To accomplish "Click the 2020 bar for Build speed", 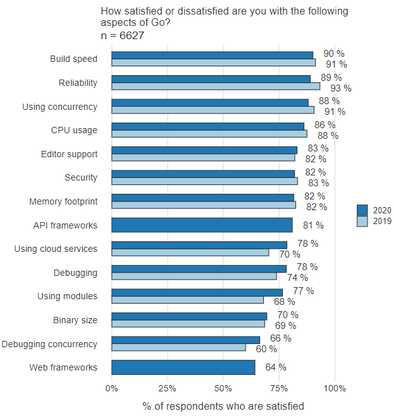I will tap(212, 55).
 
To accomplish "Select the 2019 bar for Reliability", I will tap(215, 86).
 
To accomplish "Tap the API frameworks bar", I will tap(202, 225).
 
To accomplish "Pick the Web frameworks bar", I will tap(183, 367).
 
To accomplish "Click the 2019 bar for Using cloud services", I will tap(190, 253).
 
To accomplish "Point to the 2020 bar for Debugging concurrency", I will tap(186, 340).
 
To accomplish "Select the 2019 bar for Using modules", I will tap(188, 300).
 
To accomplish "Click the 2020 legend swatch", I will tap(362, 210).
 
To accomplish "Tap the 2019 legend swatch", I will tap(362, 222).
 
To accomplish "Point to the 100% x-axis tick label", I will tap(335, 388).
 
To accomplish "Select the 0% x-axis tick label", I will tap(112, 388).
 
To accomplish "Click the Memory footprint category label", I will tap(63, 202).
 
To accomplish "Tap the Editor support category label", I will tap(69, 154).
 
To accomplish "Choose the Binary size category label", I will tap(75, 320).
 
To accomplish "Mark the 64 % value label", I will tap(275, 367).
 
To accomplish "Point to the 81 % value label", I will tap(312, 225).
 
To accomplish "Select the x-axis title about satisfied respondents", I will tap(223, 406).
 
